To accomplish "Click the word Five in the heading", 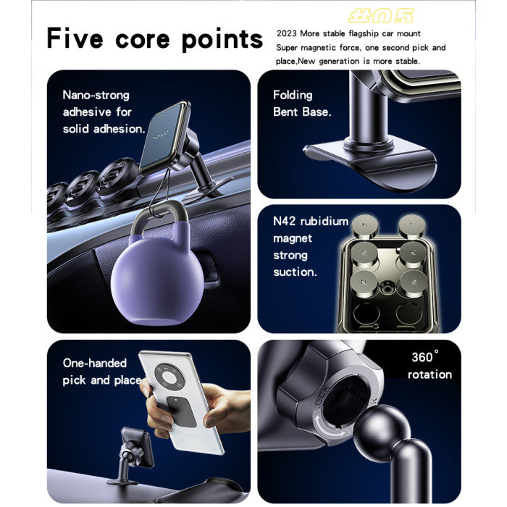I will pos(74,39).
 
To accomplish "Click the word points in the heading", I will pos(223,39).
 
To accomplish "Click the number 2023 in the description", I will pos(287,33).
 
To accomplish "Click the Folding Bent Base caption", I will pos(301,104).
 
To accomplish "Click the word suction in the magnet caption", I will pos(294,272).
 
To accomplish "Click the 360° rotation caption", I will pos(429,366).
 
